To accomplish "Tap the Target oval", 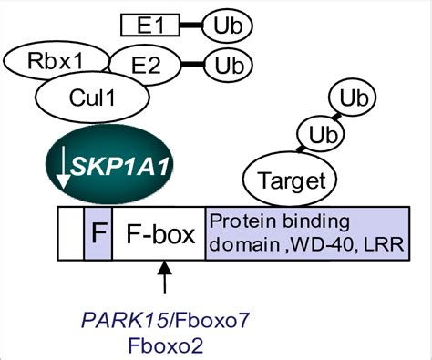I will (x=289, y=180).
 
